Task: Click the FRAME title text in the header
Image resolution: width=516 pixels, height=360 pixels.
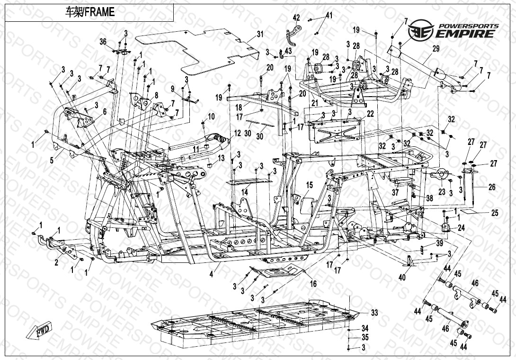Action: pyautogui.click(x=89, y=12)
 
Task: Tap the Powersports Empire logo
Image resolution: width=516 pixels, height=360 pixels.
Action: pyautogui.click(x=454, y=30)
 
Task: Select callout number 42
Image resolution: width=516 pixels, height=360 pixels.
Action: pyautogui.click(x=296, y=18)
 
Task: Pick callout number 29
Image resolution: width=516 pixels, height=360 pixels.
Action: pyautogui.click(x=436, y=49)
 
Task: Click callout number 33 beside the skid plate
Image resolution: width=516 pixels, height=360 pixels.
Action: pyautogui.click(x=374, y=313)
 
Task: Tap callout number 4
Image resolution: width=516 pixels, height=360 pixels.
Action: pyautogui.click(x=212, y=274)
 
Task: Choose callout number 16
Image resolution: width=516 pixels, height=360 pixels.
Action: pyautogui.click(x=313, y=284)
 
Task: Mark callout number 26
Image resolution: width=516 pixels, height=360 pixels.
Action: pyautogui.click(x=492, y=188)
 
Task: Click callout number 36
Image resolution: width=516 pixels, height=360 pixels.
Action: pyautogui.click(x=103, y=42)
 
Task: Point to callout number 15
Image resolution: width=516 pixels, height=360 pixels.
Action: pyautogui.click(x=310, y=185)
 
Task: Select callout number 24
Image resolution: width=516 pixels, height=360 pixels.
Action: pyautogui.click(x=461, y=228)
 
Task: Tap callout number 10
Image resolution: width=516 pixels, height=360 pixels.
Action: pyautogui.click(x=211, y=116)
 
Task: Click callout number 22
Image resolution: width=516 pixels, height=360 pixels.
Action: pyautogui.click(x=370, y=114)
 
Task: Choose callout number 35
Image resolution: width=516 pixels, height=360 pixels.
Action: pyautogui.click(x=365, y=337)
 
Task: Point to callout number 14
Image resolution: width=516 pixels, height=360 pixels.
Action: pyautogui.click(x=245, y=192)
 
